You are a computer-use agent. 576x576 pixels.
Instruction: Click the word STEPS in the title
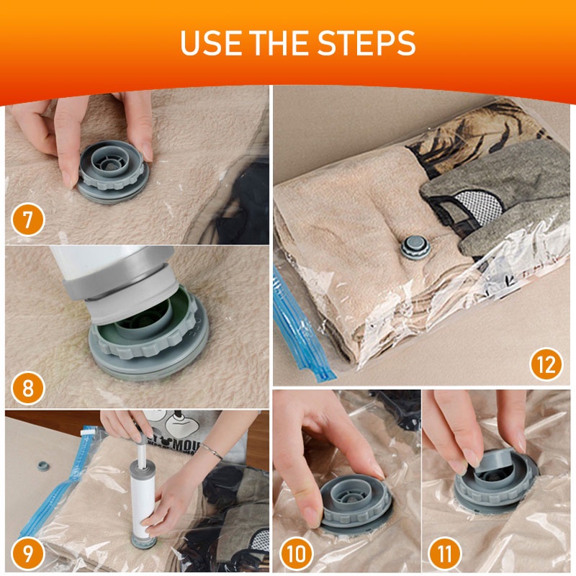coord(366,42)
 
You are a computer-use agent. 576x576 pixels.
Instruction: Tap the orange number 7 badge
coord(28,220)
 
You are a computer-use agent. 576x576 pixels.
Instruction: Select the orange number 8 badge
coord(28,388)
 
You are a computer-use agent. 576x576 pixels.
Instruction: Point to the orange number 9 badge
coord(28,554)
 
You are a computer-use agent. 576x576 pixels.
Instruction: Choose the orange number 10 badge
coord(297,554)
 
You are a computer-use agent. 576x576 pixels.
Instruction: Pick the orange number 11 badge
coord(444,554)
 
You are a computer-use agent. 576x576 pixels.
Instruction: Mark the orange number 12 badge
coord(546,364)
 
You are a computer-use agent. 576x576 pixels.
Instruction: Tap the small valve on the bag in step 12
coord(415,246)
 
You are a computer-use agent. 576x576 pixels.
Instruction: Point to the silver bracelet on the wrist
coord(210,451)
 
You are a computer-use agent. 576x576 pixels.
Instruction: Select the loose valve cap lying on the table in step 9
coord(43,465)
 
